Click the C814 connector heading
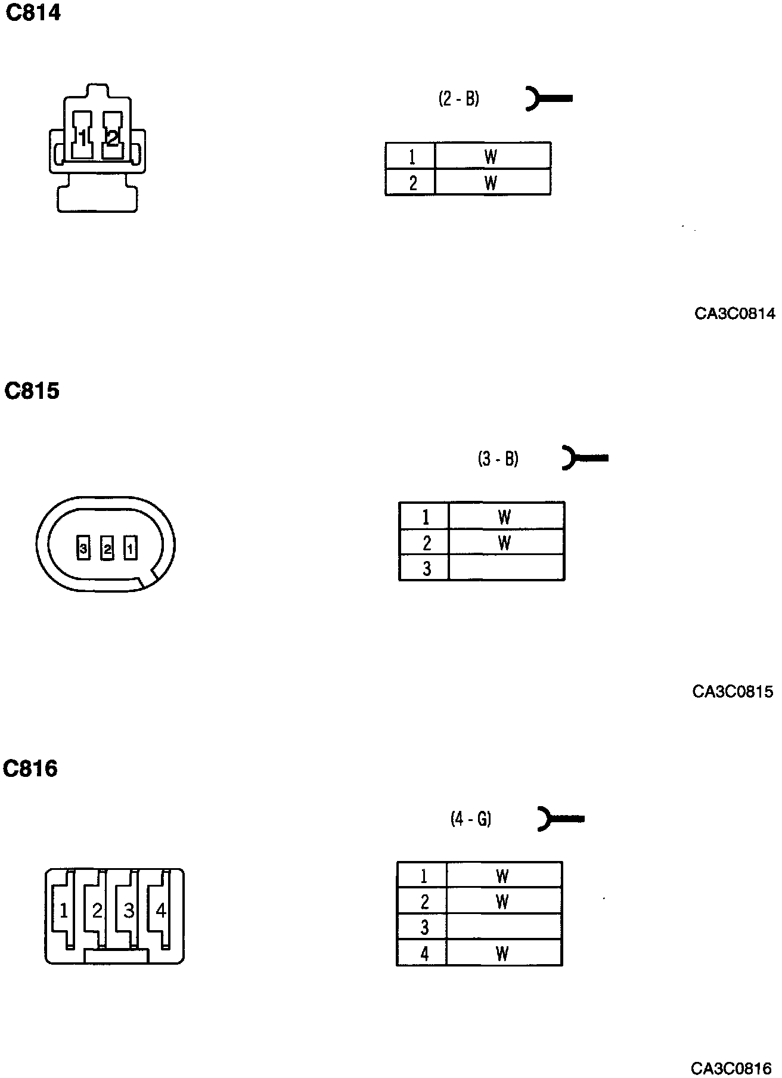click(x=33, y=13)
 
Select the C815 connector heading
click(x=32, y=391)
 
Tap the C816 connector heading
click(x=30, y=769)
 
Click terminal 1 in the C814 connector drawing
click(x=82, y=137)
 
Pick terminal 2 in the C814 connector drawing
click(x=112, y=137)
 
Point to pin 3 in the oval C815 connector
click(x=83, y=548)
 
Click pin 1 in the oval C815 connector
click(x=130, y=548)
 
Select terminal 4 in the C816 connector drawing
click(x=160, y=910)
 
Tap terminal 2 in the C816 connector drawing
click(x=97, y=910)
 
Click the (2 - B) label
click(x=459, y=99)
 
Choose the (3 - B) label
click(x=498, y=459)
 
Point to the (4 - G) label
click(x=471, y=819)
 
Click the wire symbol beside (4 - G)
click(x=560, y=819)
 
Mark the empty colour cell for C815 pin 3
click(x=506, y=568)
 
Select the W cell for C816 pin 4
click(x=504, y=953)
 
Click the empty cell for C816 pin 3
click(x=504, y=927)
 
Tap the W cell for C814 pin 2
click(x=492, y=182)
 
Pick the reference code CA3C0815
click(x=733, y=692)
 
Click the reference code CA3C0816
click(x=731, y=1068)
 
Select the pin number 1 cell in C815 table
click(x=424, y=516)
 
